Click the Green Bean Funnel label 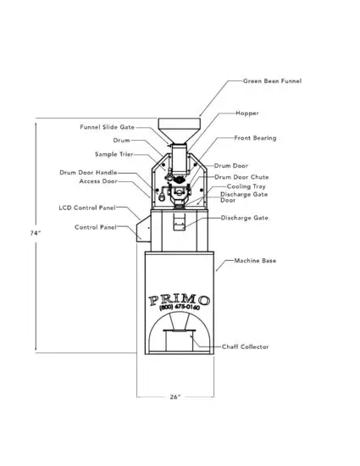pyautogui.click(x=273, y=81)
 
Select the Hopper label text pyautogui.click(x=247, y=113)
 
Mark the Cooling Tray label pyautogui.click(x=244, y=186)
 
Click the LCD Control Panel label pyautogui.click(x=87, y=207)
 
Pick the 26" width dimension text pyautogui.click(x=174, y=397)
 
